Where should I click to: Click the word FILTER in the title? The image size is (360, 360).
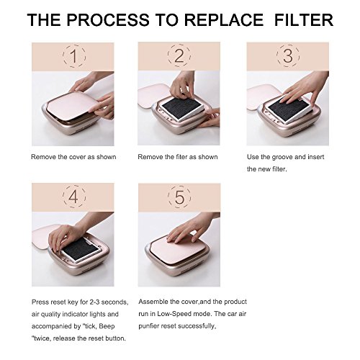click(303, 19)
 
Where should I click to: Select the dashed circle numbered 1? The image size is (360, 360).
click(74, 56)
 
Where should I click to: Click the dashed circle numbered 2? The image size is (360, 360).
click(179, 55)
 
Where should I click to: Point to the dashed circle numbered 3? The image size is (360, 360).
click(288, 55)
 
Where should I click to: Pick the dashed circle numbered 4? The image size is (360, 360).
click(74, 197)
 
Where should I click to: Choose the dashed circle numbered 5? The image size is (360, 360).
click(179, 197)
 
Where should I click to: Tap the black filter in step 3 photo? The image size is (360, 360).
click(287, 106)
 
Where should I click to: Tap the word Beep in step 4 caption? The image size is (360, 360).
click(107, 326)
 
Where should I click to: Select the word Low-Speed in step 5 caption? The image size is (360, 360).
click(174, 314)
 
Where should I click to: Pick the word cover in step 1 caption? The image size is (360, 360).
click(77, 157)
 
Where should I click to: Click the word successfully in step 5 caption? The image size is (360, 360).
click(197, 326)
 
